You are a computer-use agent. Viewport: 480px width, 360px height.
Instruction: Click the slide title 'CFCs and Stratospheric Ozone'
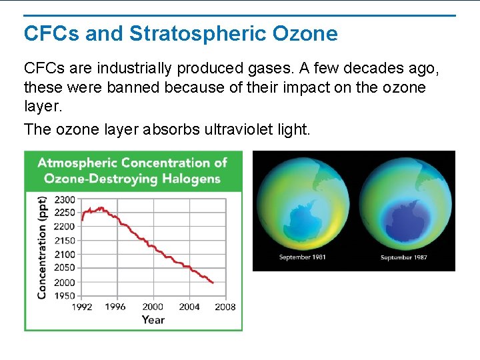[181, 33]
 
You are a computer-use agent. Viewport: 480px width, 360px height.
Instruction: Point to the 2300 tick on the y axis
[65, 199]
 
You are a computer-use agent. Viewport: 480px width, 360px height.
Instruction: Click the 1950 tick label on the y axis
[65, 295]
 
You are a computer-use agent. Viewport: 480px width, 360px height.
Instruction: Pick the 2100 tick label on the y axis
[65, 254]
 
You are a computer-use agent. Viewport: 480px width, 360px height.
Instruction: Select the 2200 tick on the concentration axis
[65, 227]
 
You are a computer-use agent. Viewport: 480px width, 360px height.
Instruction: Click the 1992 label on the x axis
[81, 307]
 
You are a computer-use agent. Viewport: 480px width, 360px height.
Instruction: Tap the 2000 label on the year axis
[153, 307]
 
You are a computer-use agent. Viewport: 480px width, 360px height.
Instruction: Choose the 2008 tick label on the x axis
[225, 307]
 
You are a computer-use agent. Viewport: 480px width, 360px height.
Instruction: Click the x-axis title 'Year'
[153, 319]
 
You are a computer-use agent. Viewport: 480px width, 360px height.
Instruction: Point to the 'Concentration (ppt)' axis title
[42, 247]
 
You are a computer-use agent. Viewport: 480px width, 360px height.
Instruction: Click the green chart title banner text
[132, 170]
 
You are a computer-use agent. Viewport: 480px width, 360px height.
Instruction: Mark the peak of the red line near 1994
[101, 207]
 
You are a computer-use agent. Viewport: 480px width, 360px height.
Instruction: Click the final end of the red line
[213, 283]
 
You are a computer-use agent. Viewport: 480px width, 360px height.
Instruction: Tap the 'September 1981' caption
[302, 257]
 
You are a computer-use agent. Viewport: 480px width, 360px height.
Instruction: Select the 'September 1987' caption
[404, 257]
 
